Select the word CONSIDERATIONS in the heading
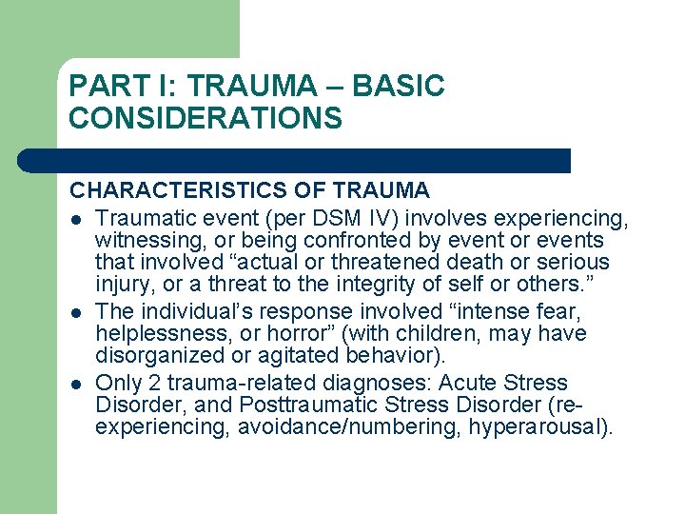205,119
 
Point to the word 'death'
468,263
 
